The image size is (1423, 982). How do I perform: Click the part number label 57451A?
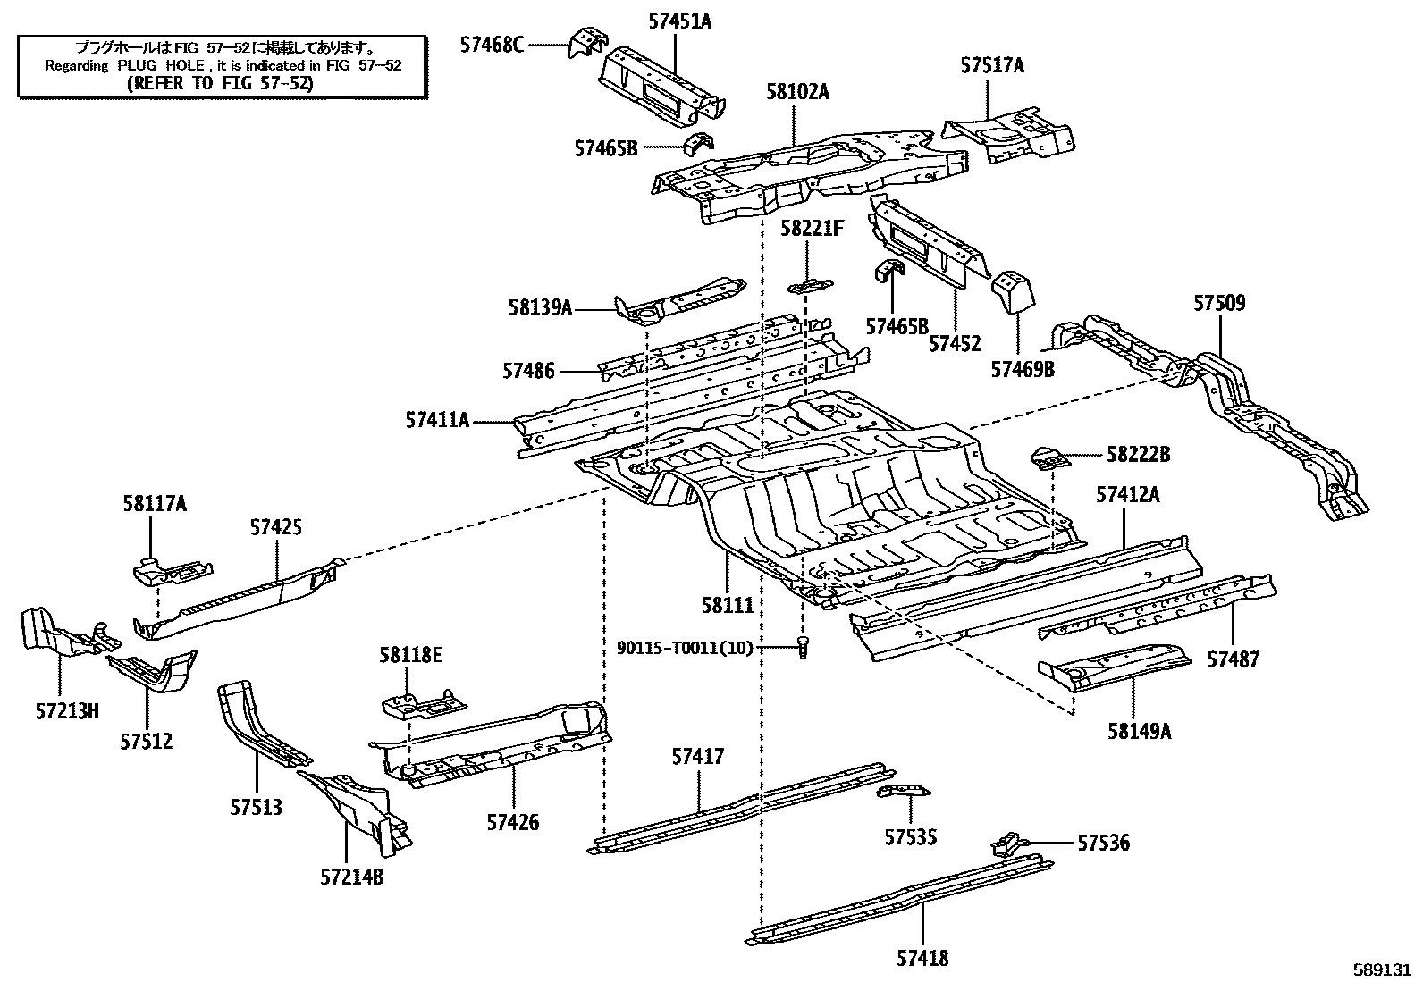679,21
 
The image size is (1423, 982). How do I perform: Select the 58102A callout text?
797,91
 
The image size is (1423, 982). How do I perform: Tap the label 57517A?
992,65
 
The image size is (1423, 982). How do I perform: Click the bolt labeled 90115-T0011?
802,647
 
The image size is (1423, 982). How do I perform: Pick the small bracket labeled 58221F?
810,286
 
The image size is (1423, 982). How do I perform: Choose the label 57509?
1219,303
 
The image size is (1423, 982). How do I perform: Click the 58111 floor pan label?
728,605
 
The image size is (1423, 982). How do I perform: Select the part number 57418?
922,958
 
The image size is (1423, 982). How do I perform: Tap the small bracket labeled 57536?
1006,843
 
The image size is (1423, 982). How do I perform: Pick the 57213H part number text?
67,711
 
